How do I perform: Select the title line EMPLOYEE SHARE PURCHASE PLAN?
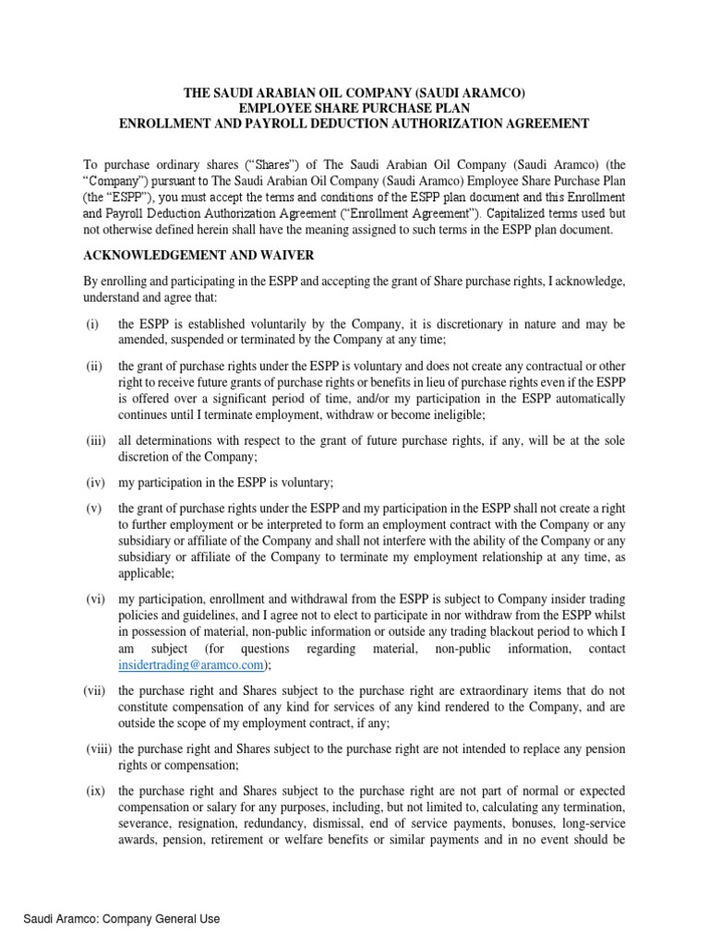click(354, 108)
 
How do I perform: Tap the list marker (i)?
click(92, 325)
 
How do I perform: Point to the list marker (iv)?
click(96, 482)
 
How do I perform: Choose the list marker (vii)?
click(98, 688)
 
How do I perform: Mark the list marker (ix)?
click(96, 792)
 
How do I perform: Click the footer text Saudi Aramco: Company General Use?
click(122, 919)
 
